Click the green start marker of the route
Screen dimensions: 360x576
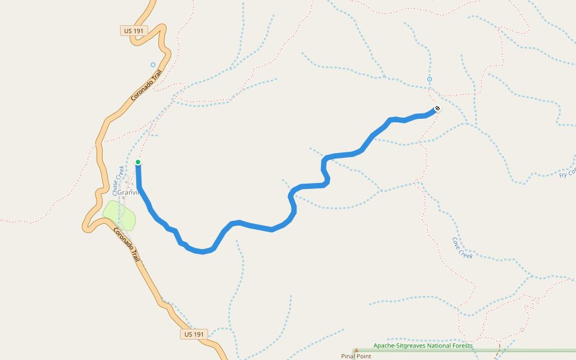138,162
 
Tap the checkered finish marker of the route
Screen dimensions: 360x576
437,109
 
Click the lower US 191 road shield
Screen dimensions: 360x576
194,334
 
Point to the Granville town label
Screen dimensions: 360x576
128,193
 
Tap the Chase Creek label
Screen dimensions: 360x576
118,180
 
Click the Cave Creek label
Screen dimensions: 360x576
462,247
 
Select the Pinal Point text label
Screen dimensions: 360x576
356,356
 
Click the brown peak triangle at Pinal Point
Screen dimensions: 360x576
356,350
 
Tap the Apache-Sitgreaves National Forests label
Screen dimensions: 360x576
423,346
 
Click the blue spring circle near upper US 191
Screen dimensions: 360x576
153,65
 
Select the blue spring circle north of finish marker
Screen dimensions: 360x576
430,79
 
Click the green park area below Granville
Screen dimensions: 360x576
119,215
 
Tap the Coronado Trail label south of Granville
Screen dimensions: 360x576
127,245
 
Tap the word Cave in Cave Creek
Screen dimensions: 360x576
458,243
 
